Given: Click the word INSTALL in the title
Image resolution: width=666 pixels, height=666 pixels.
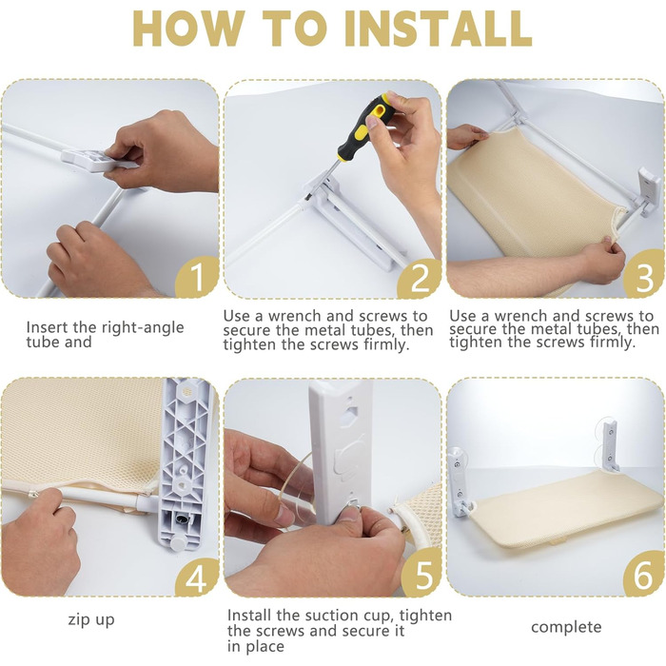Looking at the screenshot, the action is (x=438, y=28).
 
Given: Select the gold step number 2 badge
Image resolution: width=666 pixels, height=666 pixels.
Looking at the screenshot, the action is (x=421, y=278).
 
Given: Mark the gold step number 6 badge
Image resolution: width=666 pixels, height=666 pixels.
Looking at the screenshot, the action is (x=644, y=575).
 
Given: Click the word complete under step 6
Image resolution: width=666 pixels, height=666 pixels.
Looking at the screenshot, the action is (x=566, y=627).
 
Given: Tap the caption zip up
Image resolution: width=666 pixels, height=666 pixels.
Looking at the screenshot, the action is (x=91, y=620).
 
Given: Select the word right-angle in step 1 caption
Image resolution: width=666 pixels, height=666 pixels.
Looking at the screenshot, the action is (x=143, y=327).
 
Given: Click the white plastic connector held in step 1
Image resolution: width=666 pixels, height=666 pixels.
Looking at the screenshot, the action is (x=92, y=160).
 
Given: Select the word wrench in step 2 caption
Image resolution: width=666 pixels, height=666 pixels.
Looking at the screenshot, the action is (x=298, y=317).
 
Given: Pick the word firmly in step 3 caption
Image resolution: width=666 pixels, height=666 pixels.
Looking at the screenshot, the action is (x=613, y=343).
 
